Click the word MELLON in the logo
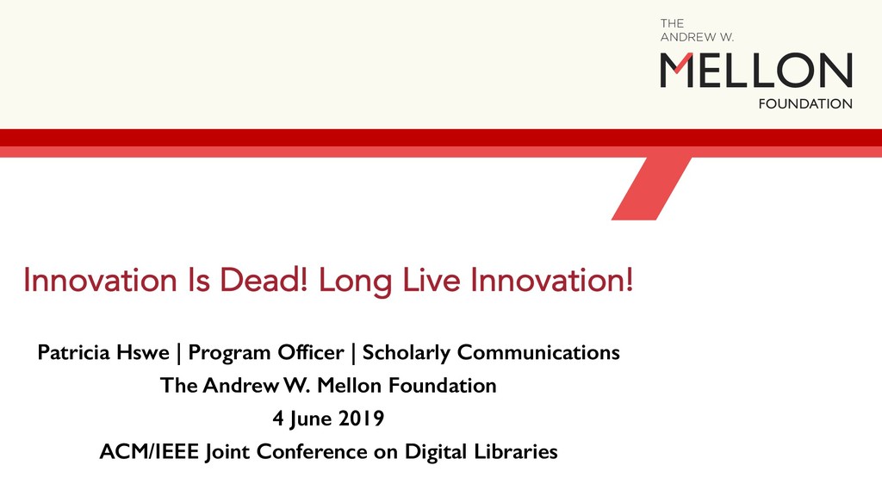click(x=756, y=70)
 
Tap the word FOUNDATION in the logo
click(x=804, y=104)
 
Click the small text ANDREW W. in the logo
click(x=697, y=38)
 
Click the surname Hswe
click(x=146, y=353)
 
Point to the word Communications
click(x=538, y=353)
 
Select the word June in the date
click(x=312, y=419)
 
